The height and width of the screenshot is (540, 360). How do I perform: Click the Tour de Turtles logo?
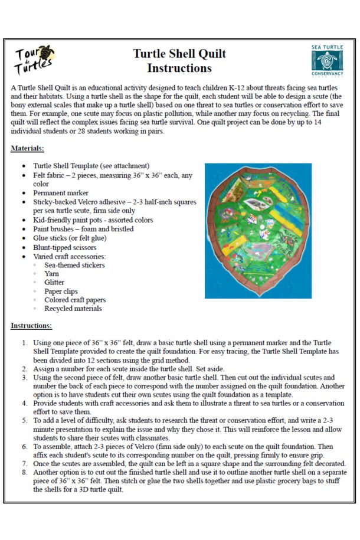(x=34, y=60)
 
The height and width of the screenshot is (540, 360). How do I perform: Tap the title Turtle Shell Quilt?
(x=179, y=54)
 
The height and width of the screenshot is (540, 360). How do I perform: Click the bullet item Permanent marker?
(x=60, y=193)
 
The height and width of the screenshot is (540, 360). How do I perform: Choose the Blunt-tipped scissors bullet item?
(x=65, y=248)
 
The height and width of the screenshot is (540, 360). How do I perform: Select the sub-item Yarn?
(x=52, y=274)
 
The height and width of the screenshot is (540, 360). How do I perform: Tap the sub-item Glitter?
(x=54, y=283)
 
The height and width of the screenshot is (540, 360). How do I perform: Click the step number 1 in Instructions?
(x=24, y=343)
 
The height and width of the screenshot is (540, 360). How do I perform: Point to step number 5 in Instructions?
(x=24, y=420)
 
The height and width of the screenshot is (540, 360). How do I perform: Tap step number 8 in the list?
(x=24, y=473)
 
